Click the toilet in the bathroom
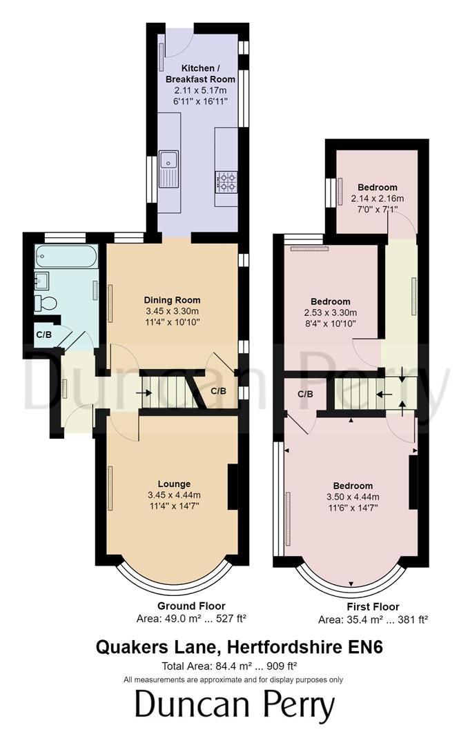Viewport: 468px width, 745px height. [47, 302]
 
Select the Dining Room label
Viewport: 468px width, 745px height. [172, 300]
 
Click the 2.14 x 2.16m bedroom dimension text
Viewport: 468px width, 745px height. [378, 199]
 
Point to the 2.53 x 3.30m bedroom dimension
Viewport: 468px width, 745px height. [330, 312]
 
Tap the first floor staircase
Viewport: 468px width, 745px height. [356, 394]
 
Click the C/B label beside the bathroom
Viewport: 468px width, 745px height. [43, 335]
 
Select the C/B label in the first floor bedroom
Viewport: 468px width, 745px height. [305, 395]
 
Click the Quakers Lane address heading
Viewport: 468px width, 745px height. [234, 648]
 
